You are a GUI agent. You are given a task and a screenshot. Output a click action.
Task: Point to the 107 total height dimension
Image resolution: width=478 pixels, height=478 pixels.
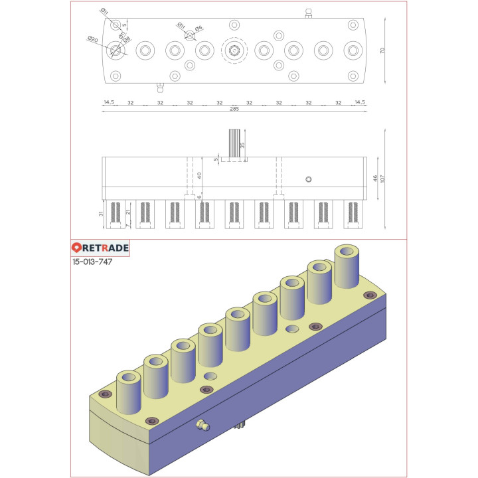click(x=384, y=179)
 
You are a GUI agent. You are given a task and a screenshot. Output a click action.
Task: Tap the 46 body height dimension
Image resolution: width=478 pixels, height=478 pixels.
click(x=375, y=179)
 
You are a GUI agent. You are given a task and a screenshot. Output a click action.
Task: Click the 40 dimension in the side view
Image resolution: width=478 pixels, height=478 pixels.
click(x=199, y=175)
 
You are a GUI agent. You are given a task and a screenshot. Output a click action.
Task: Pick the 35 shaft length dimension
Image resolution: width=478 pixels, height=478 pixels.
click(x=242, y=145)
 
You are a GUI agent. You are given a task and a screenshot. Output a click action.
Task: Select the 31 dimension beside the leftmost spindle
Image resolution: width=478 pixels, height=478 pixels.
click(x=100, y=214)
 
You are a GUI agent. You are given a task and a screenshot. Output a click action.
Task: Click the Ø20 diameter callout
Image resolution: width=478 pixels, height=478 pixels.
click(x=92, y=40)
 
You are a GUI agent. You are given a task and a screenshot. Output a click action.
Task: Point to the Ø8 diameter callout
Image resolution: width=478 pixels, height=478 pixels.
click(x=127, y=40)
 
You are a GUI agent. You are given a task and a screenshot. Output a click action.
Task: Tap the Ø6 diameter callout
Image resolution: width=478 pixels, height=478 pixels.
click(x=199, y=27)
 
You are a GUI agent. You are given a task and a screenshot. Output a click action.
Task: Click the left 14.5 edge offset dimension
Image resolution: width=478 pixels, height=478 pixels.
click(x=109, y=103)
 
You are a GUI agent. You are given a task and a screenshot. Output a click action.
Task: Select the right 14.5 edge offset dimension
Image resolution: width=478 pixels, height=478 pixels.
click(x=360, y=103)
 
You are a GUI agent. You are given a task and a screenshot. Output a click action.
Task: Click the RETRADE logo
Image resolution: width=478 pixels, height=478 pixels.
click(x=100, y=248)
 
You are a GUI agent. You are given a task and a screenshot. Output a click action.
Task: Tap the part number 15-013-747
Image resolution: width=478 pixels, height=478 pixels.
click(x=92, y=262)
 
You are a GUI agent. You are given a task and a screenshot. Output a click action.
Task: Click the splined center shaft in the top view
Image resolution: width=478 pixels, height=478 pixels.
click(x=234, y=50)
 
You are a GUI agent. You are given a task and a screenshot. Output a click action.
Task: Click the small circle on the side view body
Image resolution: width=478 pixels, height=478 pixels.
click(x=307, y=179)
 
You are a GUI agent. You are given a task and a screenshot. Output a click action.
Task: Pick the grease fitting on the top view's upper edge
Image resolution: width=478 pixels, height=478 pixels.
click(x=308, y=13)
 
